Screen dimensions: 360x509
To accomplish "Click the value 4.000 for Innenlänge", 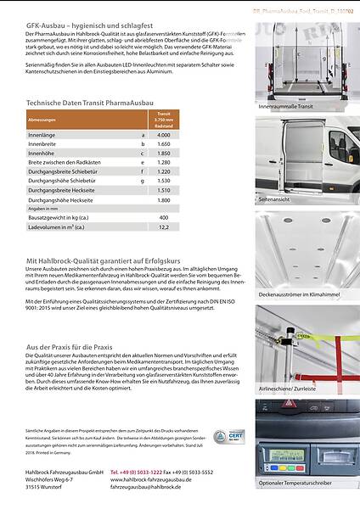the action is (164, 135).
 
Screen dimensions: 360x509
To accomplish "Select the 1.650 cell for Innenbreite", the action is (164, 144).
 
